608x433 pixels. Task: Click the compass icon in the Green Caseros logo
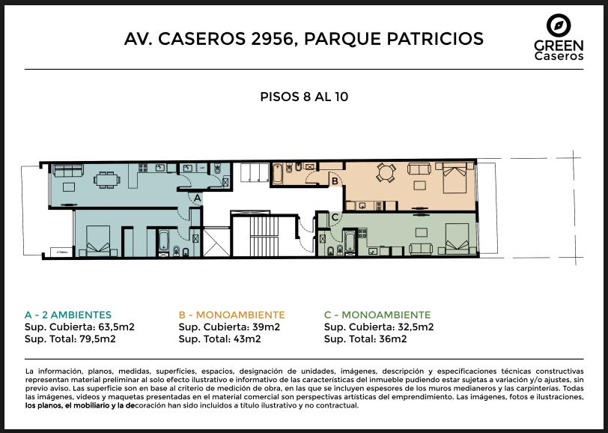click(559, 25)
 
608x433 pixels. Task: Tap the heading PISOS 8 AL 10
click(304, 97)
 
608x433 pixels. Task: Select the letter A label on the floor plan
click(198, 199)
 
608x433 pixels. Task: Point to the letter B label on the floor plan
click(335, 181)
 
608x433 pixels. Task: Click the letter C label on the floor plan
click(335, 217)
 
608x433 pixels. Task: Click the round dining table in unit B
click(386, 172)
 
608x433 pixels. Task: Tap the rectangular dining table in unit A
click(106, 180)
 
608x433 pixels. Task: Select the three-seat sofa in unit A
click(68, 170)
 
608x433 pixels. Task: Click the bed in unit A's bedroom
click(98, 241)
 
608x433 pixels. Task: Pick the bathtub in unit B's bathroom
click(277, 174)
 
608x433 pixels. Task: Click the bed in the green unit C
click(457, 239)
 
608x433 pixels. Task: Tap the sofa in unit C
click(421, 249)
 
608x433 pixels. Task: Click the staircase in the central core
click(264, 236)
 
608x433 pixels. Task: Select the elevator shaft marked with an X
click(216, 243)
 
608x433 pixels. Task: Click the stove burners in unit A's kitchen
click(143, 168)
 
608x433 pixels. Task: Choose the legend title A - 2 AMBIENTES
click(68, 315)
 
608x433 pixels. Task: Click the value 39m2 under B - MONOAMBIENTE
click(266, 327)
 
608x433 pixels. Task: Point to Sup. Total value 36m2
click(393, 339)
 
